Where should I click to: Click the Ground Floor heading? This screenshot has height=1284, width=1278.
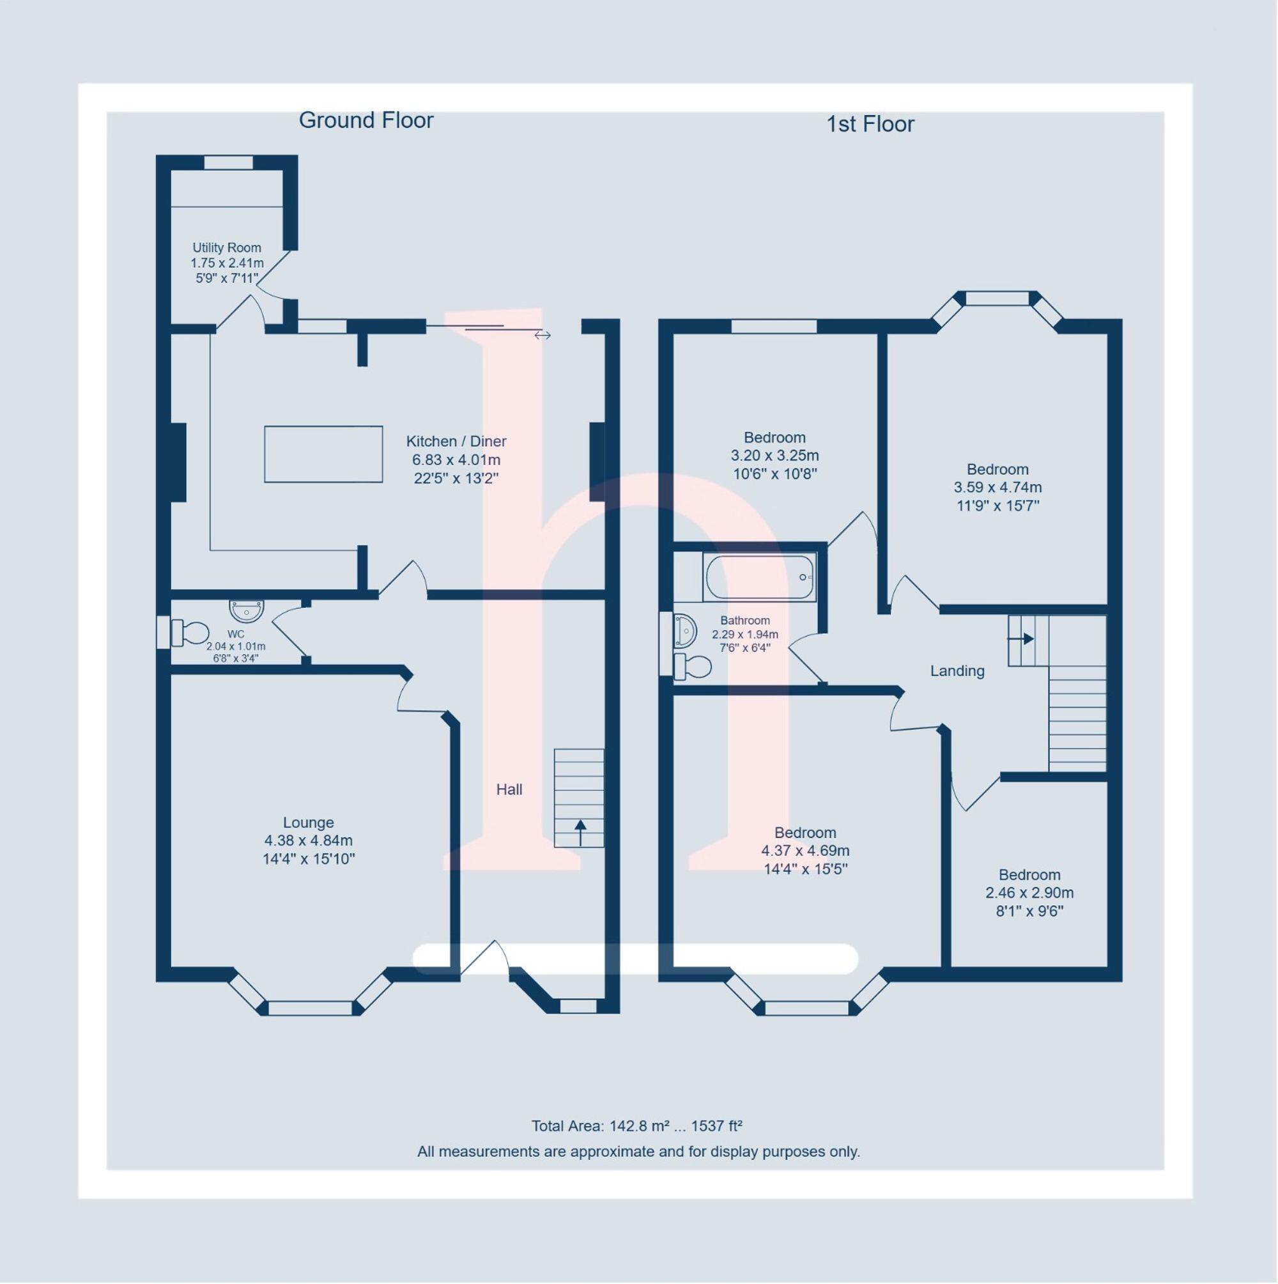tap(366, 120)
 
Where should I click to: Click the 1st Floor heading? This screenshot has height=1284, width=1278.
tap(870, 124)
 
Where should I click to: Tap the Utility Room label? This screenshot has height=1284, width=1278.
tap(227, 248)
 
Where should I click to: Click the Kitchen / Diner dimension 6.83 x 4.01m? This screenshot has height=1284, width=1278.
tap(456, 460)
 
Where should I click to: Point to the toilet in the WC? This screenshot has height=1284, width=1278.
tap(190, 633)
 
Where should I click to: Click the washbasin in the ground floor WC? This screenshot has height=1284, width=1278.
tap(247, 609)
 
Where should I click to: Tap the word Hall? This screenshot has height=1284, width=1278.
tap(509, 789)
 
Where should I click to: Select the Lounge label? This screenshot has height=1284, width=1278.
tap(309, 823)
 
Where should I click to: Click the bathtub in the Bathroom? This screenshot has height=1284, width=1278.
tap(760, 577)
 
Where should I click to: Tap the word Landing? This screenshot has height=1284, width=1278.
tap(957, 671)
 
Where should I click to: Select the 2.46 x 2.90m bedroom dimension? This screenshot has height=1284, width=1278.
tap(1029, 893)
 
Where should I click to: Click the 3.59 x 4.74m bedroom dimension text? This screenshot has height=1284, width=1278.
tap(997, 487)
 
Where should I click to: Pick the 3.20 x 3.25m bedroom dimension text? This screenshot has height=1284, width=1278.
tap(775, 456)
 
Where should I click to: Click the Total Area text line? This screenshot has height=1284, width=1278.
tap(636, 1126)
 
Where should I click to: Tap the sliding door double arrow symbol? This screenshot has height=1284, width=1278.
tap(543, 336)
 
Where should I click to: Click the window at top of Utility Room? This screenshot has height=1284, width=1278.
tap(229, 163)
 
